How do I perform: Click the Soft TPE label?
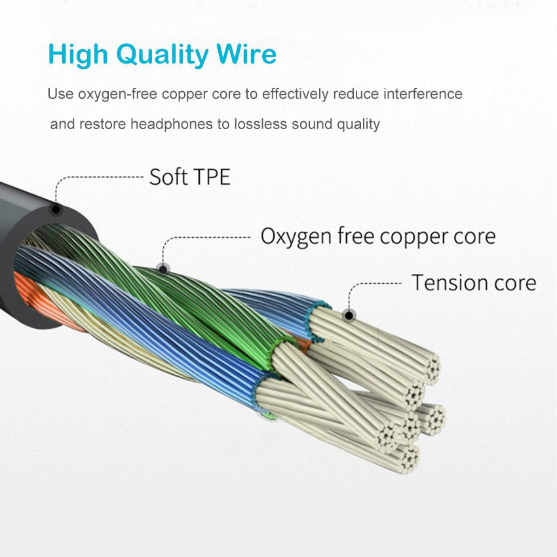(x=190, y=177)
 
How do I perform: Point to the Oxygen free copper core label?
(x=378, y=236)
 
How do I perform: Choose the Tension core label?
(x=473, y=282)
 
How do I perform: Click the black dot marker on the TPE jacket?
(x=56, y=210)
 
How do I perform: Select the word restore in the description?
(x=104, y=124)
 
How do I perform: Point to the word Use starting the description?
(x=60, y=94)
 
